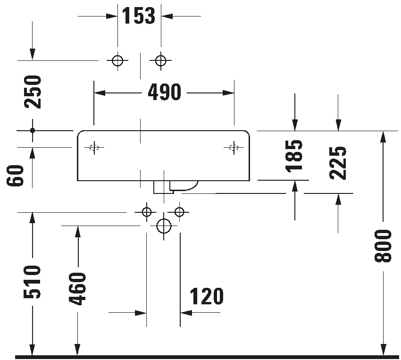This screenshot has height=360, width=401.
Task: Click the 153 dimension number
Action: tap(139, 16)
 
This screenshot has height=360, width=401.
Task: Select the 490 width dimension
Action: tap(165, 92)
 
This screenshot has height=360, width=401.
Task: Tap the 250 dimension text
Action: tap(33, 92)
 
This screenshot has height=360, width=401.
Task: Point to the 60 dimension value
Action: tap(15, 176)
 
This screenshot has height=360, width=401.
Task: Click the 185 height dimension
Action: tap(294, 155)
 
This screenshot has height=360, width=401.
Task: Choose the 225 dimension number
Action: tap(338, 163)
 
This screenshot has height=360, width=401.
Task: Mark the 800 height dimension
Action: tap(383, 246)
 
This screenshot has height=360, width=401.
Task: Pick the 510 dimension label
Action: tap(32, 282)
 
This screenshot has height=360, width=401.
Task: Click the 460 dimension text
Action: tap(77, 289)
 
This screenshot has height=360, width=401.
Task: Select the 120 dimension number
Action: tap(206, 296)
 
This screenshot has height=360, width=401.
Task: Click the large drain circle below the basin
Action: tap(164, 226)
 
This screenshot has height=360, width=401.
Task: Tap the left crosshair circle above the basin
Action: tap(117, 61)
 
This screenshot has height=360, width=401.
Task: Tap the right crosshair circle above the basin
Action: tap(160, 61)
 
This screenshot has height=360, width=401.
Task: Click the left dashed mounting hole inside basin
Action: tap(94, 148)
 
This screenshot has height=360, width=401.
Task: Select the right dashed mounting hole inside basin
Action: tap(234, 148)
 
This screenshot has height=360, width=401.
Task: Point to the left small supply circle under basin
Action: tap(147, 212)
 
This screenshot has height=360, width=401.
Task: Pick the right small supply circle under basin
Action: tap(179, 212)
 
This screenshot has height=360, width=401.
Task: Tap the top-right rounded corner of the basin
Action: tap(247, 133)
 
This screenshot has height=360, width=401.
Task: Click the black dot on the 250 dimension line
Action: tap(32, 130)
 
